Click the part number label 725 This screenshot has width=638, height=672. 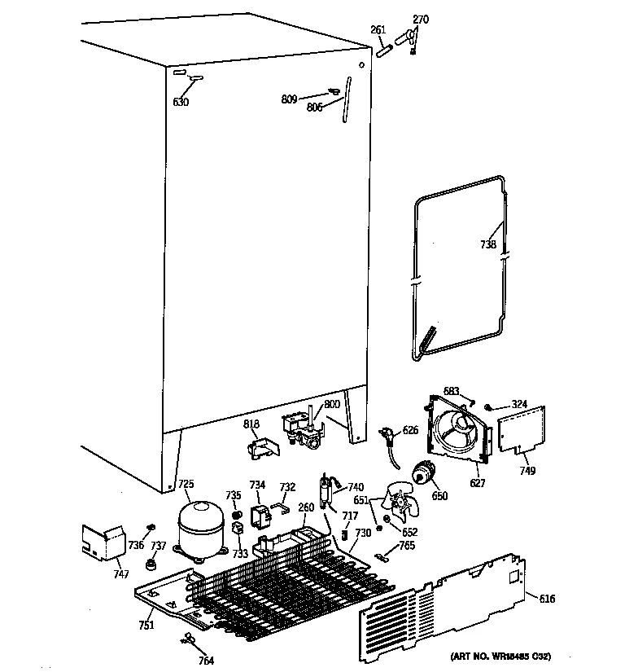point(186,485)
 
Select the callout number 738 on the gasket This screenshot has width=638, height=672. point(487,244)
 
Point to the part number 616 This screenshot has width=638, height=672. point(548,599)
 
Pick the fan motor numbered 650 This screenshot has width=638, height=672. point(423,473)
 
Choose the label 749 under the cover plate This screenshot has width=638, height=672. point(527,471)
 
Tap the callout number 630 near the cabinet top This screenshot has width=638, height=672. point(181,102)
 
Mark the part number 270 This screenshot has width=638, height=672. point(421,19)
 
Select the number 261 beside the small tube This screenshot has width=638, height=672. point(378,30)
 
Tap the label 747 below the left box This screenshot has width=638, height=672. point(120,575)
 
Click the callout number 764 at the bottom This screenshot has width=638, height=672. point(207,661)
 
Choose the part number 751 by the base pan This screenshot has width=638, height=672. point(146,625)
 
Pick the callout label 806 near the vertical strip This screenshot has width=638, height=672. point(316,108)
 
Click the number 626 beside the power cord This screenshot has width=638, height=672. point(410,431)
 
